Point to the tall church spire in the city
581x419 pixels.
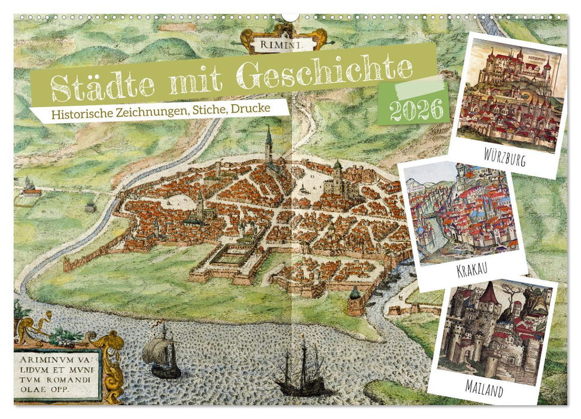click(x=269, y=144)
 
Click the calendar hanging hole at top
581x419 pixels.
click(x=290, y=17)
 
